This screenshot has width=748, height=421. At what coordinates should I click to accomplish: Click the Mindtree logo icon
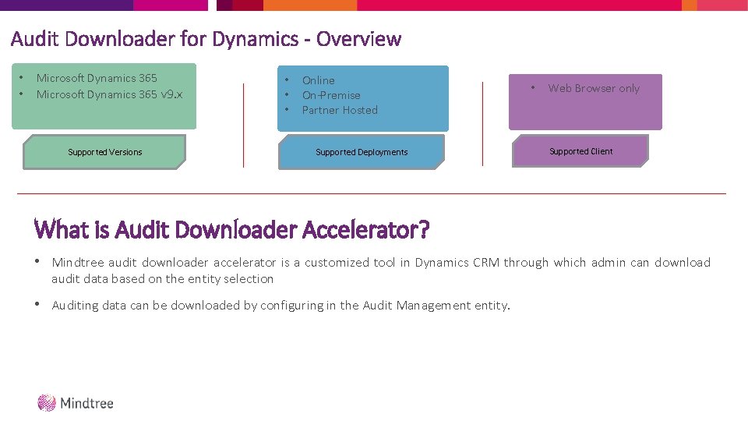(47, 402)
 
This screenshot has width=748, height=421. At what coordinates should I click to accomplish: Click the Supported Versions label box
(104, 152)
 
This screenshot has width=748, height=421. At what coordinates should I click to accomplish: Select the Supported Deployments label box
(362, 152)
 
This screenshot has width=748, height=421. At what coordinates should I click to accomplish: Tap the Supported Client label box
(580, 151)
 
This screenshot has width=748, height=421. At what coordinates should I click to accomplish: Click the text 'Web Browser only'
(594, 88)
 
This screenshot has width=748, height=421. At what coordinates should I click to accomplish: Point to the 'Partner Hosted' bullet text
(340, 110)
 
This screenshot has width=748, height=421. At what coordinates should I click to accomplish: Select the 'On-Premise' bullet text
(331, 95)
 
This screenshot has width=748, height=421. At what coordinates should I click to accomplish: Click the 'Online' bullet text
(318, 80)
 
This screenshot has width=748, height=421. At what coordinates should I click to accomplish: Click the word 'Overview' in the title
(359, 38)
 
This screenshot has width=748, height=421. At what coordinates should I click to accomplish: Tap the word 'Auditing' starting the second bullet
(76, 305)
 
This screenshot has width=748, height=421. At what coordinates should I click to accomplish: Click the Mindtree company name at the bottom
(87, 403)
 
